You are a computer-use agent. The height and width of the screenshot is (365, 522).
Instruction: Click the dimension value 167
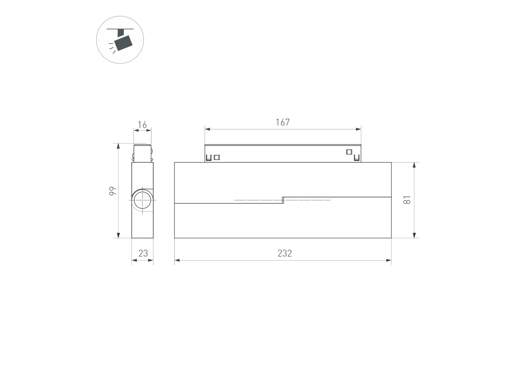tap(283, 122)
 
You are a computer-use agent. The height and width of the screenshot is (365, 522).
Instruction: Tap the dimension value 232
tap(285, 253)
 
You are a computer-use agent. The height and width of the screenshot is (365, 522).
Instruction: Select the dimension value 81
tap(407, 200)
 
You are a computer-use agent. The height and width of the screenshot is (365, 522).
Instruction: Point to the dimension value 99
tap(113, 191)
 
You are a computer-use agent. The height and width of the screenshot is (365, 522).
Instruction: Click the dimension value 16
tap(142, 125)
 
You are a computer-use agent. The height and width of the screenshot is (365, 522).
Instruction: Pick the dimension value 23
tap(143, 253)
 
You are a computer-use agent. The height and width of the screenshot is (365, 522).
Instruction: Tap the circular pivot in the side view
tap(142, 200)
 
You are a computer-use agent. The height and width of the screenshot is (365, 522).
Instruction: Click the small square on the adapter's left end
tap(217, 157)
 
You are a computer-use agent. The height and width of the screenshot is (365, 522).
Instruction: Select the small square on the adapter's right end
tap(349, 152)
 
